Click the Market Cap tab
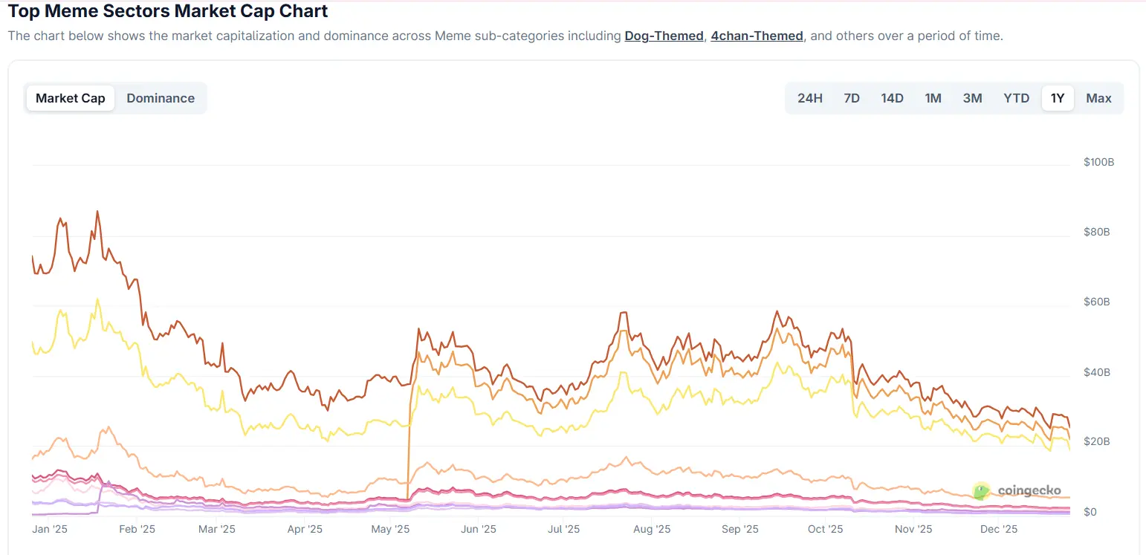(71, 98)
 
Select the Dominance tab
(161, 98)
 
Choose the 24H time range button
(810, 98)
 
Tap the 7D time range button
(852, 98)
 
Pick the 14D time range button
(892, 98)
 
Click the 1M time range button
(933, 98)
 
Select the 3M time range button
(972, 98)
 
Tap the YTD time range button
(1016, 98)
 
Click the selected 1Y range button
(1058, 98)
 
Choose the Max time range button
(1098, 98)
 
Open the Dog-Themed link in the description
(664, 36)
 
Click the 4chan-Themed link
(757, 36)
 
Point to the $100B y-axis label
(1098, 162)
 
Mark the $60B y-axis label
(1097, 302)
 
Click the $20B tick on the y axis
(1097, 441)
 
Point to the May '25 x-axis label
(391, 529)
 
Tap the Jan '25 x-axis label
(51, 529)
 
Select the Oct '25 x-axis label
(825, 529)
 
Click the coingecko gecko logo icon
(982, 490)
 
